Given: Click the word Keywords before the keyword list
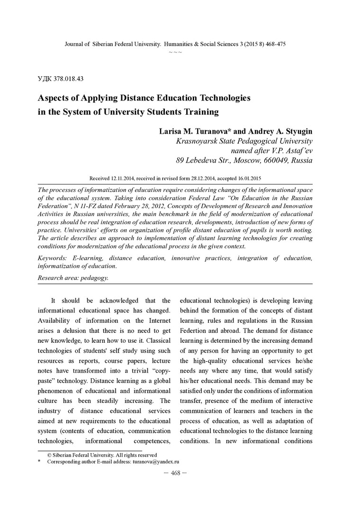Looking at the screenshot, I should click(53, 258).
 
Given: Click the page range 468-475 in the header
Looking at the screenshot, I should click(274, 44).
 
